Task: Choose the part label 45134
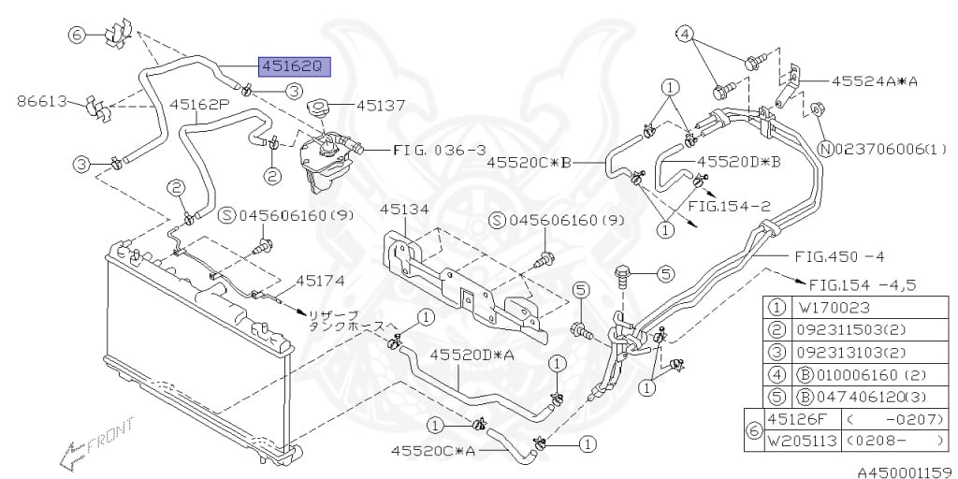400,210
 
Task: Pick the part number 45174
321,280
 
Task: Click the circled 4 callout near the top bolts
685,35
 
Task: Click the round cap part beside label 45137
317,107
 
